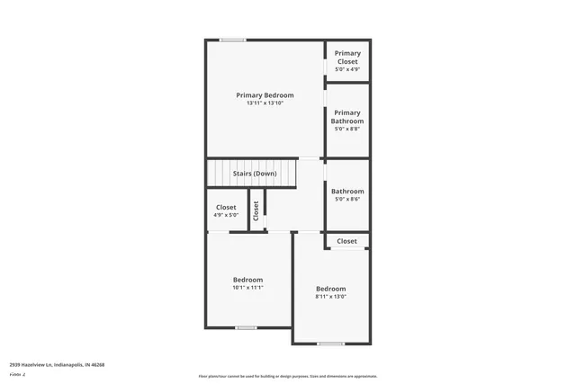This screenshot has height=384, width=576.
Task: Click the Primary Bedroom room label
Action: (x=265, y=95)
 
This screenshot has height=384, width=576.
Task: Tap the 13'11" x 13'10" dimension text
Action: (x=265, y=103)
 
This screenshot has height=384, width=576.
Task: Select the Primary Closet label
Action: (x=347, y=58)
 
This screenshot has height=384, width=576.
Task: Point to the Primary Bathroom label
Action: (x=346, y=117)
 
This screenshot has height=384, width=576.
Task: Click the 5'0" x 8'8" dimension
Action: (x=346, y=129)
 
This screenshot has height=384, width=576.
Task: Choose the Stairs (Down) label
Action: (x=254, y=174)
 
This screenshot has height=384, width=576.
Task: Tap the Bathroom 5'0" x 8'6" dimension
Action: (x=347, y=200)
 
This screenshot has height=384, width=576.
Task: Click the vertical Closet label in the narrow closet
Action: (x=256, y=210)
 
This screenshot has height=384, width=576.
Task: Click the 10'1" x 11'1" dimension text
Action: (x=247, y=288)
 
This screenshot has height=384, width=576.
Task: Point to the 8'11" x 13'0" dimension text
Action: (x=330, y=297)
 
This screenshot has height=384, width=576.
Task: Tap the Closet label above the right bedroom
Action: (x=346, y=241)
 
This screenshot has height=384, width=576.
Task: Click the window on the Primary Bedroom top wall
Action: (x=233, y=40)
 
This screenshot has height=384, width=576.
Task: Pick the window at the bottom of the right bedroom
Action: (x=330, y=344)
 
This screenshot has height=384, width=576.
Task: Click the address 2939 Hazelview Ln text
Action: (x=57, y=365)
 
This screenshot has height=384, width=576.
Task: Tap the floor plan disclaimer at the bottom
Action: (x=287, y=377)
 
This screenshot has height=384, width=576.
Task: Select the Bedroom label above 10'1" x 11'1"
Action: (x=247, y=280)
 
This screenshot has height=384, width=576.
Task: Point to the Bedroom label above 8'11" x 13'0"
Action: (x=330, y=289)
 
